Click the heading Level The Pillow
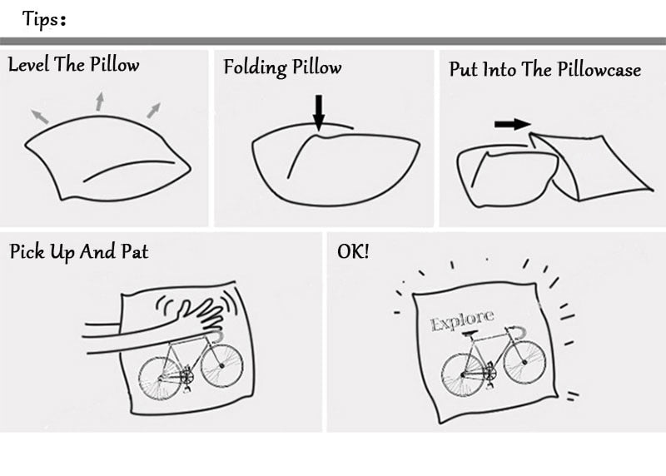coord(73,65)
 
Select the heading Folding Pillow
coord(282,67)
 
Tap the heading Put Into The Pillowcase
coord(544,70)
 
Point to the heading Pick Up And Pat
coord(79,251)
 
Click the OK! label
coord(353,250)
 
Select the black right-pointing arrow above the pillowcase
coord(512,124)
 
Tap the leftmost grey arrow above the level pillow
coord(40,116)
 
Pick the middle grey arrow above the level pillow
coord(99,102)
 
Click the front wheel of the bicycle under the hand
coord(222,365)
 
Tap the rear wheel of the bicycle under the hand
coord(159,379)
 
